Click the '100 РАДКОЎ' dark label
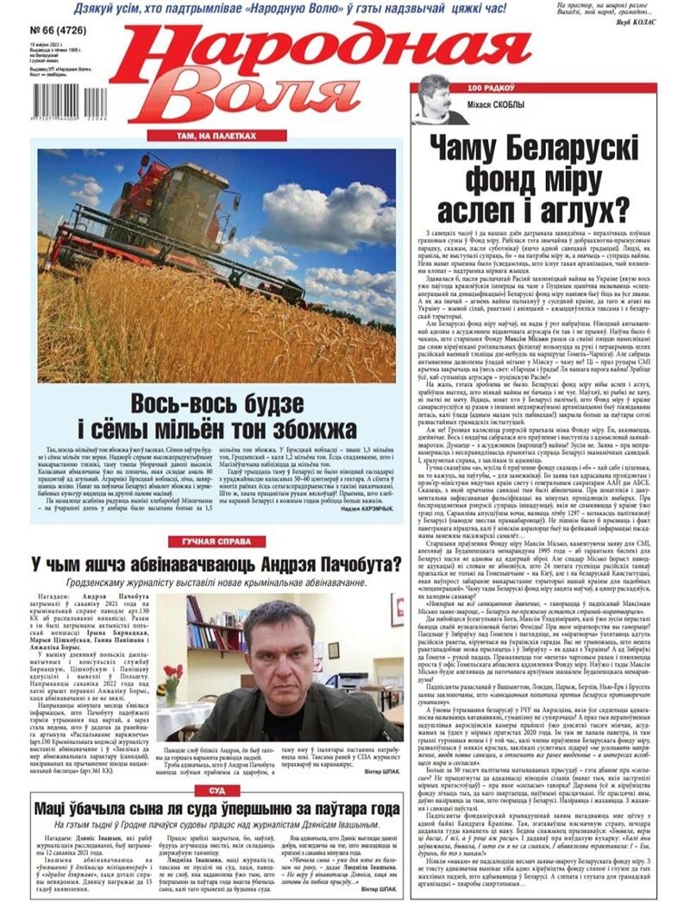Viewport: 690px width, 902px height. point(486,88)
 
